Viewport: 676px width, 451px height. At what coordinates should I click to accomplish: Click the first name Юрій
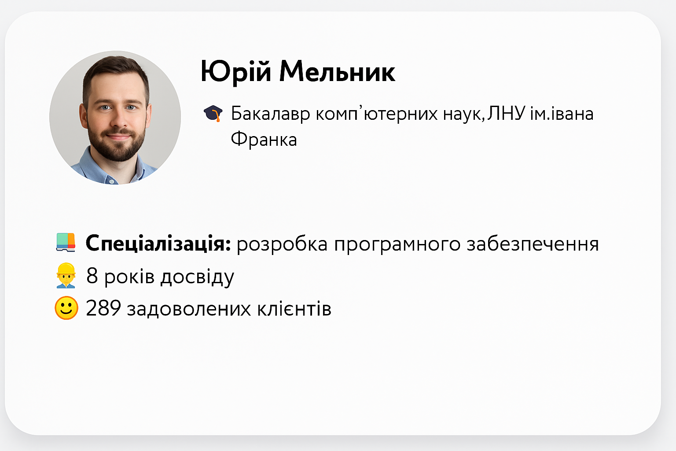click(x=236, y=72)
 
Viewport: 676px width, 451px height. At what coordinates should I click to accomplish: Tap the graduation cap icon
click(x=213, y=114)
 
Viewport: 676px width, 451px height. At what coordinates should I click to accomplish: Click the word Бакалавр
click(x=270, y=114)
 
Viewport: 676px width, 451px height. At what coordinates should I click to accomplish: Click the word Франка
click(x=264, y=139)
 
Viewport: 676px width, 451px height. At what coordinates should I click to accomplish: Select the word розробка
click(x=282, y=244)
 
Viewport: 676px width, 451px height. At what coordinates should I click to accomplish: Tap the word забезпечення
click(x=533, y=244)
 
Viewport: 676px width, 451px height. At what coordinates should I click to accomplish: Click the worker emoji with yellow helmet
click(x=66, y=276)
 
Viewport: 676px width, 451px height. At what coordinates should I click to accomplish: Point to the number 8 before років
click(x=92, y=276)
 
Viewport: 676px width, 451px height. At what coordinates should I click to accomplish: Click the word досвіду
click(x=197, y=277)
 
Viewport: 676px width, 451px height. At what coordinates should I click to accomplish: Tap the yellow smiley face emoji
click(x=66, y=308)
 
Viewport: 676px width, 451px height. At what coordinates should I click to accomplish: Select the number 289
click(x=103, y=308)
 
